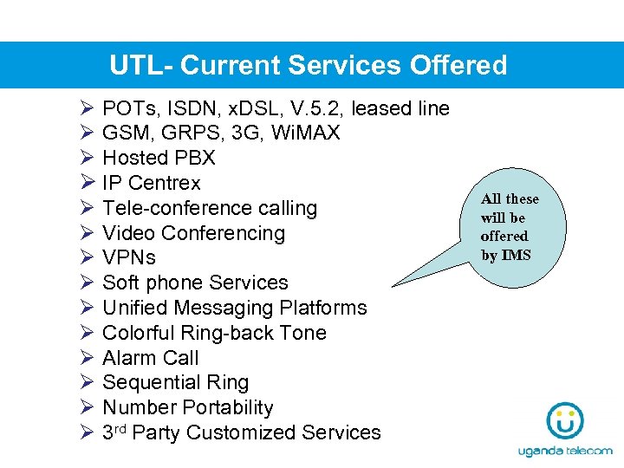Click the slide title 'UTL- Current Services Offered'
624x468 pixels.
pos(308,66)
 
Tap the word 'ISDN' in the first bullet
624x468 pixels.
pos(186,108)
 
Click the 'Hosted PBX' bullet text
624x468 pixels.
pos(159,159)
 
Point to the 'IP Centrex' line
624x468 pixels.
pos(151,184)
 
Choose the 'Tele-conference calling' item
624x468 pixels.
pos(210,209)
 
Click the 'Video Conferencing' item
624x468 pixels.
pos(193,233)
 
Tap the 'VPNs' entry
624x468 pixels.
pos(129,258)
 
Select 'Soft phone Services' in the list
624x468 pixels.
pos(195,283)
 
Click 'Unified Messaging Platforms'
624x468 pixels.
pos(234,308)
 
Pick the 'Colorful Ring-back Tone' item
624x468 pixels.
pos(214,333)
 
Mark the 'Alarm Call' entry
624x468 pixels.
pos(150,358)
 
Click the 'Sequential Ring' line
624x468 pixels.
pos(175,383)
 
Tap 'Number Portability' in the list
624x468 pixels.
pos(187,407)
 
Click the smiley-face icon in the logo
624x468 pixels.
pos(565,423)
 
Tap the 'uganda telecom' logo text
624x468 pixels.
pos(565,452)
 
